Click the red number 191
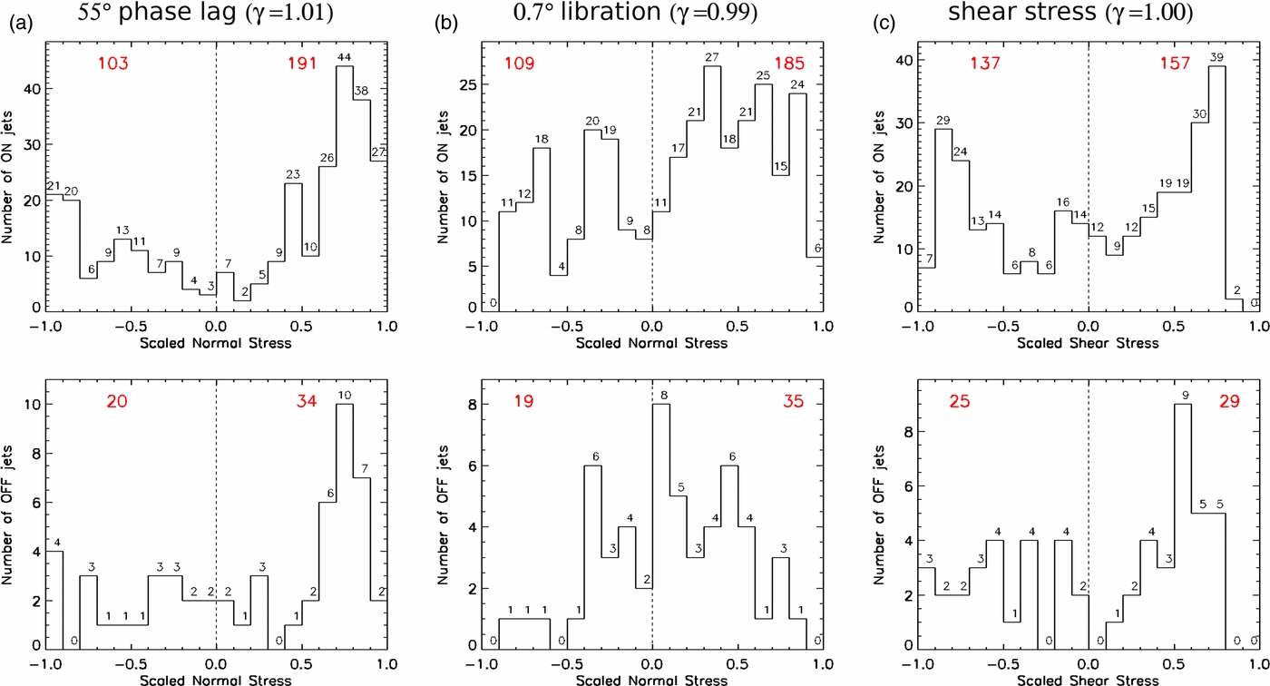(302, 64)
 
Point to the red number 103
(115, 64)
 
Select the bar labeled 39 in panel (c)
(1216, 191)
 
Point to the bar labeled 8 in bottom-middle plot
(660, 526)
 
